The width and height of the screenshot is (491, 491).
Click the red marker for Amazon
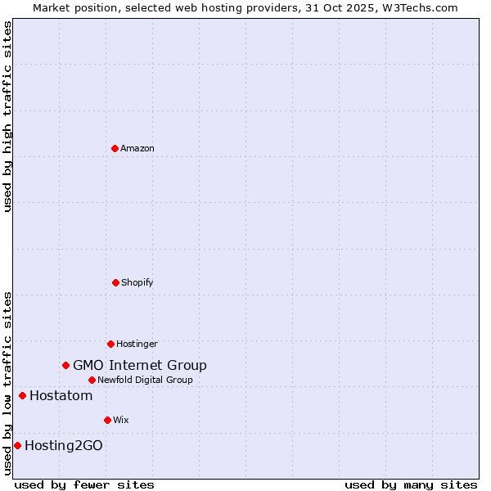click(x=115, y=148)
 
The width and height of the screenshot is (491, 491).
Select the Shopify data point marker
click(x=115, y=282)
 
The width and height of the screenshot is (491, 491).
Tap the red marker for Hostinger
click(x=110, y=344)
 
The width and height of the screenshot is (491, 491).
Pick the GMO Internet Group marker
click(x=65, y=365)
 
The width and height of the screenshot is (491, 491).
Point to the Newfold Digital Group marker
click(x=92, y=380)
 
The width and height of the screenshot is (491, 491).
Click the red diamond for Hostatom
click(x=22, y=396)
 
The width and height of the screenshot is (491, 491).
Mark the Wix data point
click(x=107, y=420)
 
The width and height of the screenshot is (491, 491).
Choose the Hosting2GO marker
click(x=17, y=446)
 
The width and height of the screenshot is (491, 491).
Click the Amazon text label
click(x=137, y=148)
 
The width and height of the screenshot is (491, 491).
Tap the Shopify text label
click(x=137, y=282)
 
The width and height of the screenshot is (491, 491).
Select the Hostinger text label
click(x=137, y=344)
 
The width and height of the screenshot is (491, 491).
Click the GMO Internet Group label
click(x=140, y=366)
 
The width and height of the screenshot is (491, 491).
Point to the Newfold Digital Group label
click(x=145, y=380)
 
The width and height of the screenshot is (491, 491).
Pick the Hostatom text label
click(x=61, y=396)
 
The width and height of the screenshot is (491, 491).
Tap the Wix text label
click(x=121, y=420)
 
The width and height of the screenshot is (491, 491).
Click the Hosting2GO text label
click(x=64, y=446)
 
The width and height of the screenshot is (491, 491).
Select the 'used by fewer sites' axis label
click(x=84, y=484)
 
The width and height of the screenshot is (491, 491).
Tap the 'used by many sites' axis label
click(x=411, y=484)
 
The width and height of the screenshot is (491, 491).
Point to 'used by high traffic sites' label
click(x=7, y=116)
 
